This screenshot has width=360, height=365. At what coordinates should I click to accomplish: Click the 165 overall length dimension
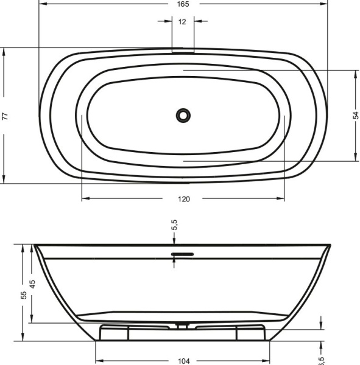point(183,4)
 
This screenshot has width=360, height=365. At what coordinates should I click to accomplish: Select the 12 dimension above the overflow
point(183,21)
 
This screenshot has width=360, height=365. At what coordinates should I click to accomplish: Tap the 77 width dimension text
point(4,116)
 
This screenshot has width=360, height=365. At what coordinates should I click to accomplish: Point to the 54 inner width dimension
point(356,116)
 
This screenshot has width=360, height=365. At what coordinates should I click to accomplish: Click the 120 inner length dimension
point(183,199)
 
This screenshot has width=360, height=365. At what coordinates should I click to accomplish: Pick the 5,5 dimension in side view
point(174,224)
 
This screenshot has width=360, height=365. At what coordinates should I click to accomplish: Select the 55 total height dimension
point(23,294)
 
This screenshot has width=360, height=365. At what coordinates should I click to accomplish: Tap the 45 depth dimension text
point(33,283)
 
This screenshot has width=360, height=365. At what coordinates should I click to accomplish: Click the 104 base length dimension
point(183,360)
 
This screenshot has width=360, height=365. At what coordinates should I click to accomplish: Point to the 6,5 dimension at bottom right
point(321,360)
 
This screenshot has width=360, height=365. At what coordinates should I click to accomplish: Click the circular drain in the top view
point(183,114)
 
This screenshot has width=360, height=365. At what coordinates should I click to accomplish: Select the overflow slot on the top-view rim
point(183,51)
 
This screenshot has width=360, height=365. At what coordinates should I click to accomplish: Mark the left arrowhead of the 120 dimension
point(85,198)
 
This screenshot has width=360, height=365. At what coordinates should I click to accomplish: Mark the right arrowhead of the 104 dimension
point(267,359)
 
